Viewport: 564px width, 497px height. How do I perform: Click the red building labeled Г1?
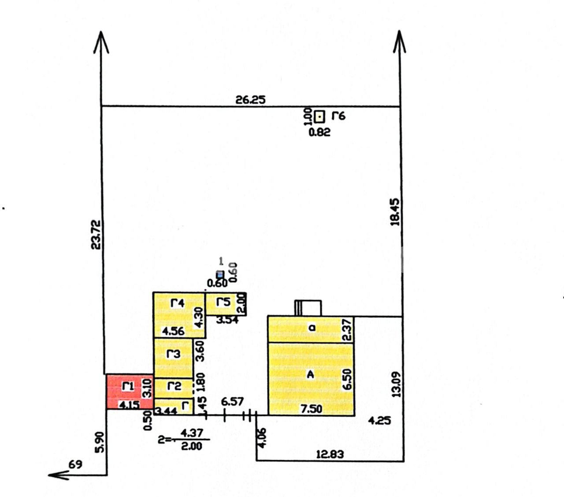130,391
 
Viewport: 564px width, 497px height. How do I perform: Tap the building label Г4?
177,303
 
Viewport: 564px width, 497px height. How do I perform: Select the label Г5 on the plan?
223,302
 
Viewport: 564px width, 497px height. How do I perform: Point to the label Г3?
173,354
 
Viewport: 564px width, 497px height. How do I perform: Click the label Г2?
174,386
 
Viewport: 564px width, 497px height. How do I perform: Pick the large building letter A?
310,375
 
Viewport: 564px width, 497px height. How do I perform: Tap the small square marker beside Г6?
319,117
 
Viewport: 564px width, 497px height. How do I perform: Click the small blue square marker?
220,274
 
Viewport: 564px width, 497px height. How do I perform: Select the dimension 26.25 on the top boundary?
251,99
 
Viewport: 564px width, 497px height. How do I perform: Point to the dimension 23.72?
96,235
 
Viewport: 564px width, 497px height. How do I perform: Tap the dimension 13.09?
396,384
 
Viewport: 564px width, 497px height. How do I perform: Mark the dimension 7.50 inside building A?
311,409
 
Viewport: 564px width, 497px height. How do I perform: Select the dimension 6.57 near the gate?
233,402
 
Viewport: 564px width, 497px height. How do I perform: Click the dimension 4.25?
379,420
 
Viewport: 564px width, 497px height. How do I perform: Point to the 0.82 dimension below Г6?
319,132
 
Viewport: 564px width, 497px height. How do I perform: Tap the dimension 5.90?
100,442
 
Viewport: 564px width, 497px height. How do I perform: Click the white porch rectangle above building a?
308,308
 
